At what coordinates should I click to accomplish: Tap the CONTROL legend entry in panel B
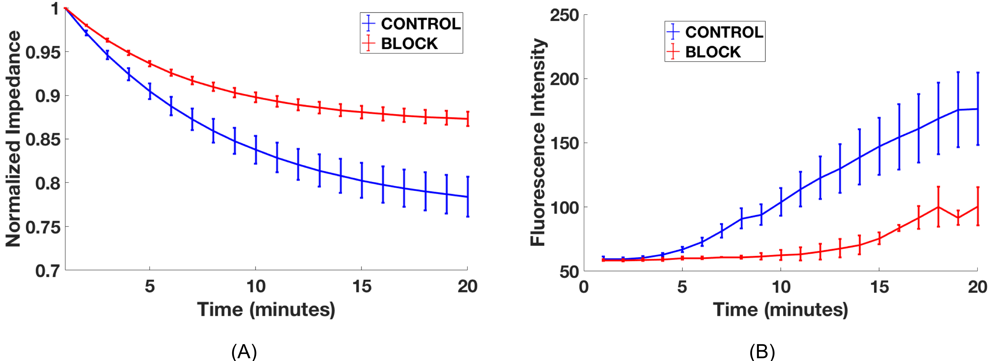(715, 32)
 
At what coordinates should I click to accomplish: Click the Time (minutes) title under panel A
(266, 309)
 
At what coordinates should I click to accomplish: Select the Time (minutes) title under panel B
(780, 309)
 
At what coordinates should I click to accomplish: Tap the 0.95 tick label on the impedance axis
(43, 52)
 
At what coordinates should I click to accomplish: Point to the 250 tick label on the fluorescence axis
(564, 15)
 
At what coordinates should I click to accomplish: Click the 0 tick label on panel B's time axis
(584, 287)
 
